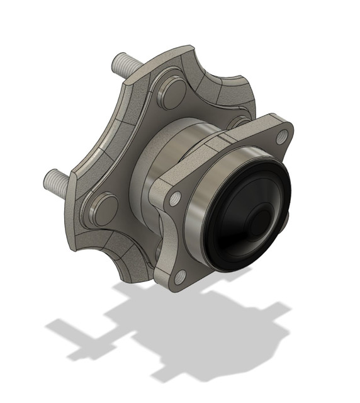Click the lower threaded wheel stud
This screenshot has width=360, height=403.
coord(58,182)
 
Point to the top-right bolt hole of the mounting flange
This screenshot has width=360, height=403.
coord(281,136)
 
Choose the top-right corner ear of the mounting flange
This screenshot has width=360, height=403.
coord(277,126)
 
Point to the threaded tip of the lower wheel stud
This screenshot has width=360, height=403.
coord(48,181)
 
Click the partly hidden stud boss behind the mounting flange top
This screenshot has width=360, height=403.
coord(238,121)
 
